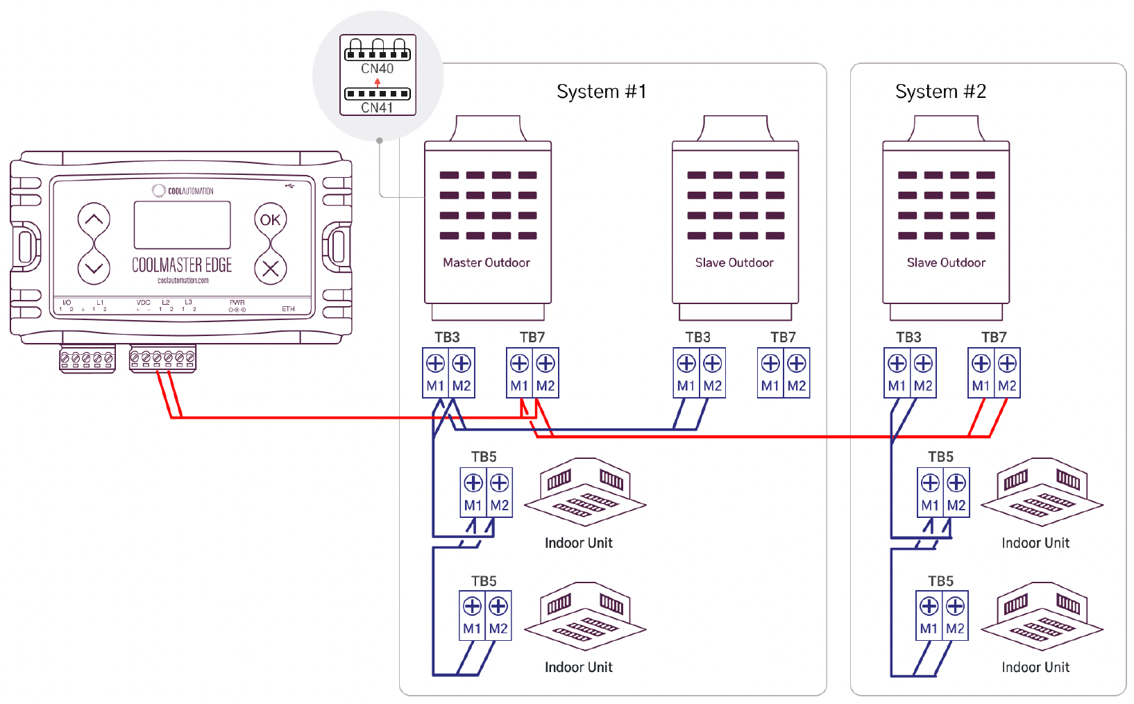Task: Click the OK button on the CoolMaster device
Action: click(x=270, y=220)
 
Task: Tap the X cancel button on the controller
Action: click(x=270, y=269)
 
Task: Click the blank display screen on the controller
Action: click(x=182, y=225)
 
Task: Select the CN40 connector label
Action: click(x=377, y=69)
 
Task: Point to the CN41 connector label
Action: click(x=377, y=108)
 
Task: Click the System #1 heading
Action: click(x=601, y=92)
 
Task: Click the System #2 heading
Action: click(x=940, y=92)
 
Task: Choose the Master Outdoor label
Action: click(x=486, y=262)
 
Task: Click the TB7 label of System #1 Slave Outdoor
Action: click(x=783, y=337)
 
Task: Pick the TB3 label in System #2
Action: click(x=908, y=337)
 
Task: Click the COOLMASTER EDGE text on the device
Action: click(x=182, y=265)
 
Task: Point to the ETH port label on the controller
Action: click(x=289, y=309)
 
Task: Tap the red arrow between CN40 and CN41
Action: click(x=378, y=82)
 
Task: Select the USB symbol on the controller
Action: click(x=289, y=186)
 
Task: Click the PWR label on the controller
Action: click(x=237, y=303)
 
